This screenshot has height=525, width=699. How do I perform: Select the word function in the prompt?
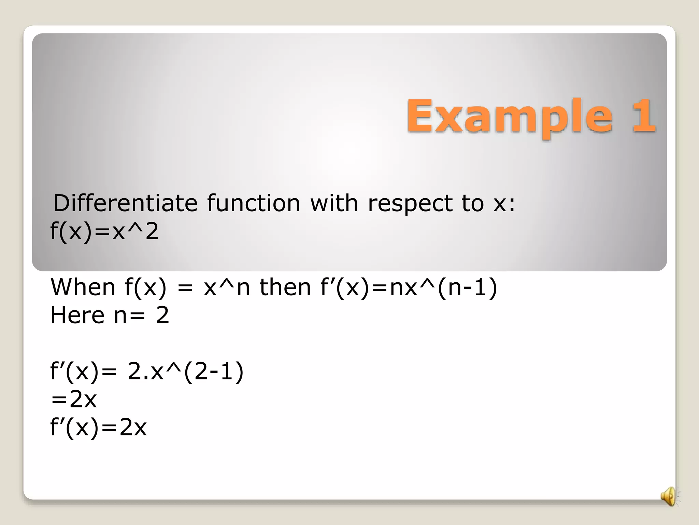pos(253,203)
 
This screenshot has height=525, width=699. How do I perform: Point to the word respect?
pos(410,204)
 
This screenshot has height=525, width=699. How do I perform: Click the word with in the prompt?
pos(334,203)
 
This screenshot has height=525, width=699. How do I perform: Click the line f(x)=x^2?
pos(104,231)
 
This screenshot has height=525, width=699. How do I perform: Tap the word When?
pos(83,287)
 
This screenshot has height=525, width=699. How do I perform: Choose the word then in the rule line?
pos(285,287)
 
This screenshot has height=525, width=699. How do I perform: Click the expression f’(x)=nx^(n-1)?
pos(409,287)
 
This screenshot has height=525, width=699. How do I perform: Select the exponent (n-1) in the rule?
pos(467,287)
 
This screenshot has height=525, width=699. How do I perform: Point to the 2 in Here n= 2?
pos(162,315)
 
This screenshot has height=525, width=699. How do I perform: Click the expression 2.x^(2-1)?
pos(186,371)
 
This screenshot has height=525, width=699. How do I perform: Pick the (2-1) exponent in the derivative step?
pos(214,371)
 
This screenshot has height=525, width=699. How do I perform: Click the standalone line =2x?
pos(74,399)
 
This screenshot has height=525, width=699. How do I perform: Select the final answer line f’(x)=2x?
pos(98,427)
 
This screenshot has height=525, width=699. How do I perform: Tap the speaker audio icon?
pos(669,496)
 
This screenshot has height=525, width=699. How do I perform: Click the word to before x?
pos(472,203)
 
